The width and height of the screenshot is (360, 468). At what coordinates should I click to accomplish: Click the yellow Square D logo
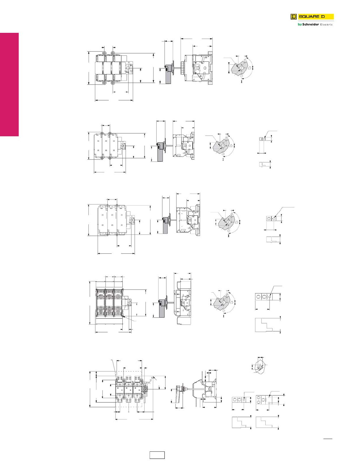(312, 17)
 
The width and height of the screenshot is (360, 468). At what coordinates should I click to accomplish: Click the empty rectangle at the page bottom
(157, 455)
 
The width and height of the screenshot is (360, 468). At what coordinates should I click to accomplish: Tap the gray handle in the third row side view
(164, 226)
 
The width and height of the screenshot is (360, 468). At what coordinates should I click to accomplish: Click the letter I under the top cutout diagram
(241, 82)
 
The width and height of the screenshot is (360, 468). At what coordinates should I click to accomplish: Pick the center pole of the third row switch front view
(112, 220)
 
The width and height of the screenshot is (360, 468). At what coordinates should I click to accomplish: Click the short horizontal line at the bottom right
(328, 439)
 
